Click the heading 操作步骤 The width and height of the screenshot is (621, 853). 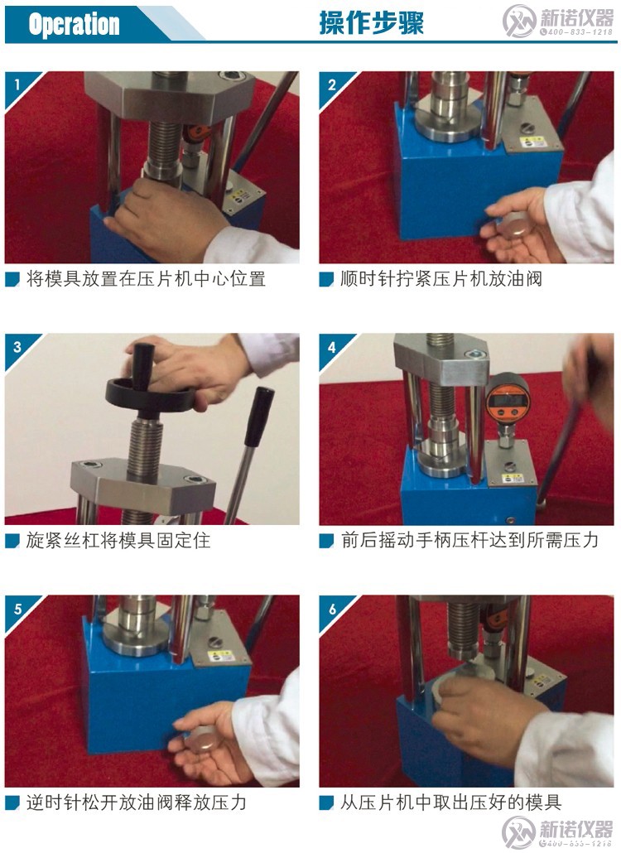371,23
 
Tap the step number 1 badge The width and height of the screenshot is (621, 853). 16,84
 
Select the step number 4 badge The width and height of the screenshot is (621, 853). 331,346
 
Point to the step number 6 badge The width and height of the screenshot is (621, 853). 331,609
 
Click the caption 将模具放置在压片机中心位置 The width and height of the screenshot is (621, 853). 146,279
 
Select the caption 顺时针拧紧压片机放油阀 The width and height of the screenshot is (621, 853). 440,279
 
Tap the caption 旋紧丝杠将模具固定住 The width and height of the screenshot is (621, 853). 118,541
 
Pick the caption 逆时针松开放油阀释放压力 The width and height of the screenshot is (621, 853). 137,802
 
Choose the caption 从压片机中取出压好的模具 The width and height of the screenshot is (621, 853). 451,802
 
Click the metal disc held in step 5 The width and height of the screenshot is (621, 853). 201,740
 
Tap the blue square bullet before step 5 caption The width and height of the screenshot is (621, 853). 12,803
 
